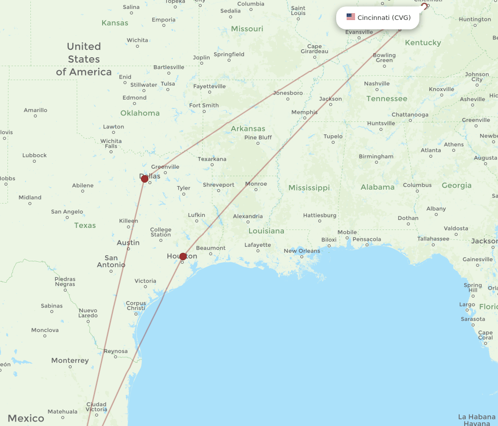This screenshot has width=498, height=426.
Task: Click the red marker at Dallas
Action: pos(144,179)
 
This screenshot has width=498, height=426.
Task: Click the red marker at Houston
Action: pos(183,256)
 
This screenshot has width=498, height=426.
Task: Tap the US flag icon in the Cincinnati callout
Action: pos(351,17)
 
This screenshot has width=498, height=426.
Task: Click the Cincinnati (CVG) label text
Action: pos(384,18)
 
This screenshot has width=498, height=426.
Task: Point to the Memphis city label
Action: pos(304,112)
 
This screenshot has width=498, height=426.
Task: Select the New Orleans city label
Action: pos(302,251)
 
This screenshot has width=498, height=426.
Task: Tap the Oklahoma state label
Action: pos(140,113)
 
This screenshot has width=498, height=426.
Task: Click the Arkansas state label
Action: pos(248,129)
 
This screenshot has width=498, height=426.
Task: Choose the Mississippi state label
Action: pos(309,188)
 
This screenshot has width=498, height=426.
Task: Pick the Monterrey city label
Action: pos(70,360)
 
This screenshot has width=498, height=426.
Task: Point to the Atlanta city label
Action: pos(431,150)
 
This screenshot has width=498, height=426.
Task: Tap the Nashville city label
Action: pos(377,84)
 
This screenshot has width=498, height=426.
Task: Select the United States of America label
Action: pos(84,59)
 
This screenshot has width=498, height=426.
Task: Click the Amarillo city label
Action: pos(35,110)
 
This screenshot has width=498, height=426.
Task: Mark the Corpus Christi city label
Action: pos(136,306)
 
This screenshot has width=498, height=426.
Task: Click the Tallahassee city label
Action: pos(433,239)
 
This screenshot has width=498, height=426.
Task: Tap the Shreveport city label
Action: pos(218,185)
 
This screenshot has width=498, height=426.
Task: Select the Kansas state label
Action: pos(115,23)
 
